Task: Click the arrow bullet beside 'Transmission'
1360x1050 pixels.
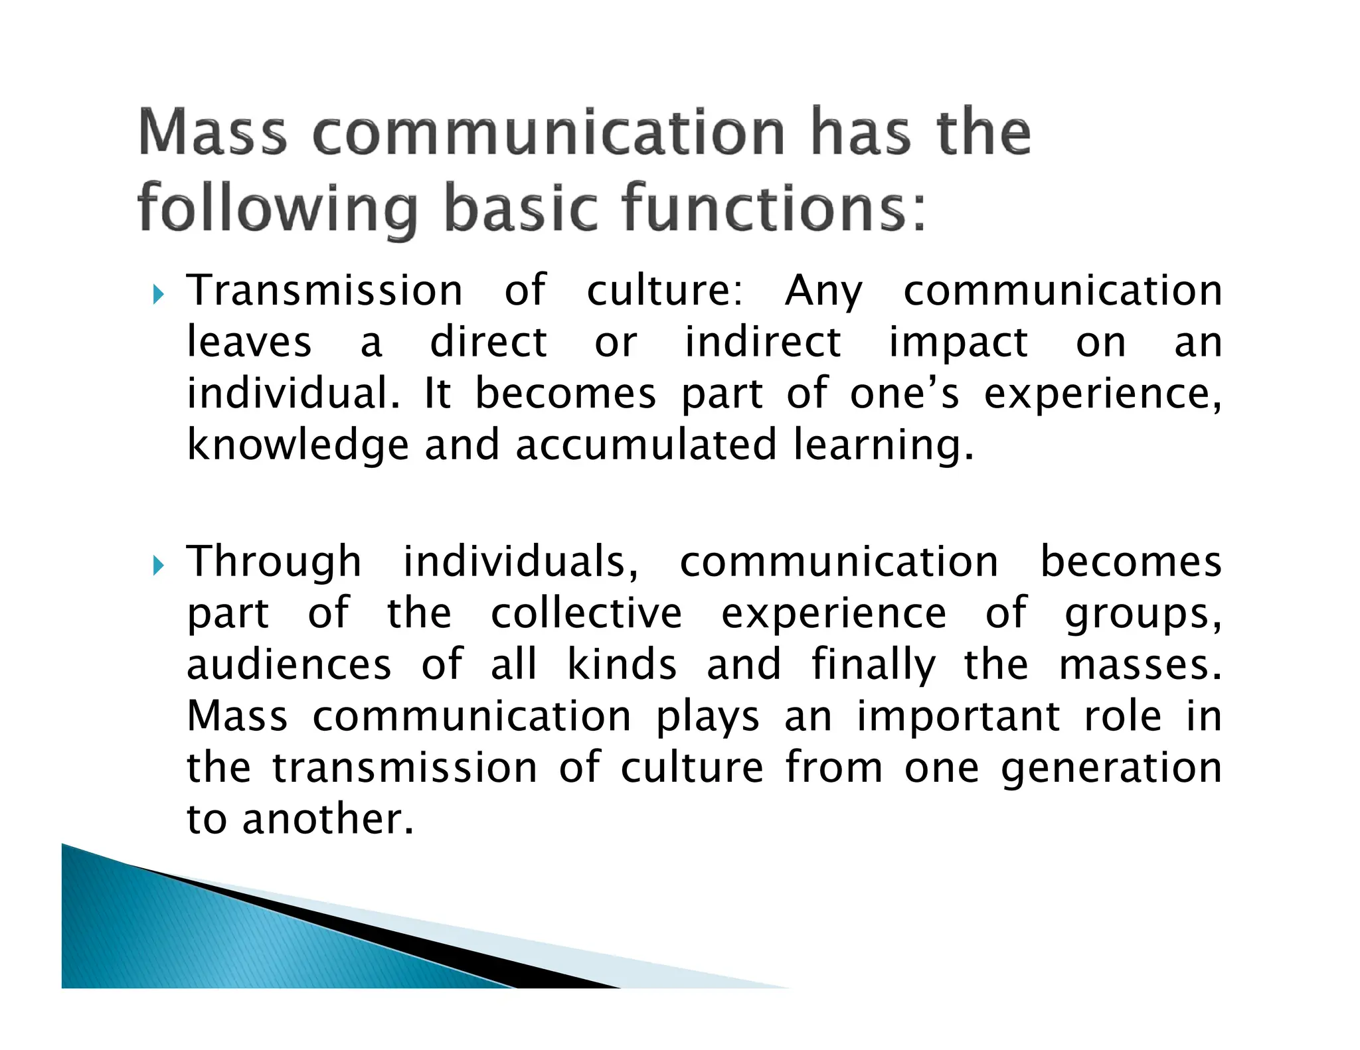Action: [x=157, y=293]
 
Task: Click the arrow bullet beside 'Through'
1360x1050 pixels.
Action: [x=157, y=565]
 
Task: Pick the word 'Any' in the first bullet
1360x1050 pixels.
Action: [x=823, y=292]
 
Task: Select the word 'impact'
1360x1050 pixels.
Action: [x=958, y=344]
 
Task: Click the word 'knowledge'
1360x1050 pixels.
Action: [x=297, y=446]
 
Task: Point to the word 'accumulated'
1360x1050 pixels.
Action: [x=645, y=445]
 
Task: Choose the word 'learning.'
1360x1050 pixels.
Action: [x=884, y=446]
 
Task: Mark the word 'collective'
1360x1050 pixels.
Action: [x=586, y=613]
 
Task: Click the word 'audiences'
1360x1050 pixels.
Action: [x=289, y=665]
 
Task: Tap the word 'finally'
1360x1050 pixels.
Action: [x=873, y=665]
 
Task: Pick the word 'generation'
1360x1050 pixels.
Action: [x=1111, y=769]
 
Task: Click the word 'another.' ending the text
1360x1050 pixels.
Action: [x=328, y=820]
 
